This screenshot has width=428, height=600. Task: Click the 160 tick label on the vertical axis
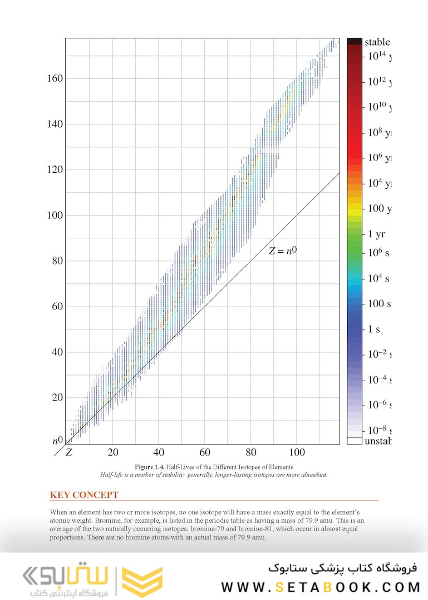(x=55, y=78)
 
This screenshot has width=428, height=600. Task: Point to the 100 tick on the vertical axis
(x=55, y=215)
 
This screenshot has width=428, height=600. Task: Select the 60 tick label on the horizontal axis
(x=205, y=452)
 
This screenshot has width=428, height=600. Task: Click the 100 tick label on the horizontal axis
(x=297, y=452)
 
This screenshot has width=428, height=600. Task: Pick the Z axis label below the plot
(x=69, y=452)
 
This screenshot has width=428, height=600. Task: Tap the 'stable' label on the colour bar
(x=377, y=42)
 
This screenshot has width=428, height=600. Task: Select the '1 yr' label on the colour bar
(x=376, y=234)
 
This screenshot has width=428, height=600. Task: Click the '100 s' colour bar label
(x=379, y=303)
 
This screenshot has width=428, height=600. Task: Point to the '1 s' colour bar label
(x=373, y=329)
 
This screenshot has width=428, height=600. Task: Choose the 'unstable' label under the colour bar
(x=378, y=441)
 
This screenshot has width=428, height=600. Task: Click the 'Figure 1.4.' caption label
(x=151, y=467)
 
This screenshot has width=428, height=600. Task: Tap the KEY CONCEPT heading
(x=84, y=495)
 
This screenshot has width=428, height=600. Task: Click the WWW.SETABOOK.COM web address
(x=320, y=587)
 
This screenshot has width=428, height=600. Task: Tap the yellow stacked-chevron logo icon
(x=142, y=582)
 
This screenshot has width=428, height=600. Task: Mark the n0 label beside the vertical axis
(x=57, y=441)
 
